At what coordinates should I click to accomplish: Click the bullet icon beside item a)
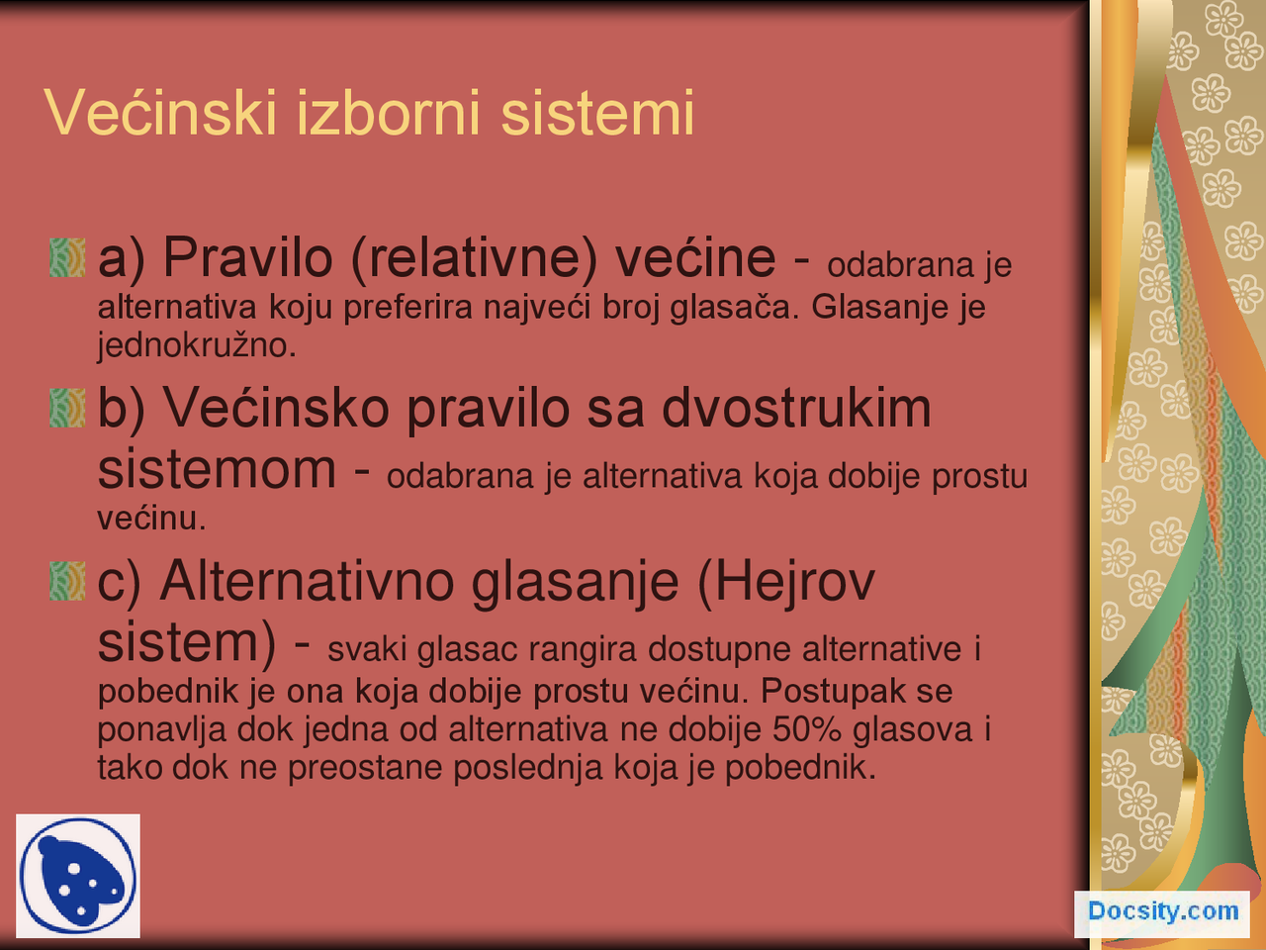point(67,257)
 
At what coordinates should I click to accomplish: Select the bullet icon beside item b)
point(67,408)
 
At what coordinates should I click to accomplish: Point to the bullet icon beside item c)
point(67,581)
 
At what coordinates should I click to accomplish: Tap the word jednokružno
point(196,346)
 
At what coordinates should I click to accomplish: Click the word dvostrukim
point(796,408)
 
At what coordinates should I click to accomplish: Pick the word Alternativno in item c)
point(307,581)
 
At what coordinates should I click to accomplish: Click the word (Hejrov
point(786,581)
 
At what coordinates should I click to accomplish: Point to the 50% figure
point(807,730)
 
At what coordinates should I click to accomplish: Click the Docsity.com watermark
point(1162,911)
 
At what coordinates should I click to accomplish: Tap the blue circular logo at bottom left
point(77,876)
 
